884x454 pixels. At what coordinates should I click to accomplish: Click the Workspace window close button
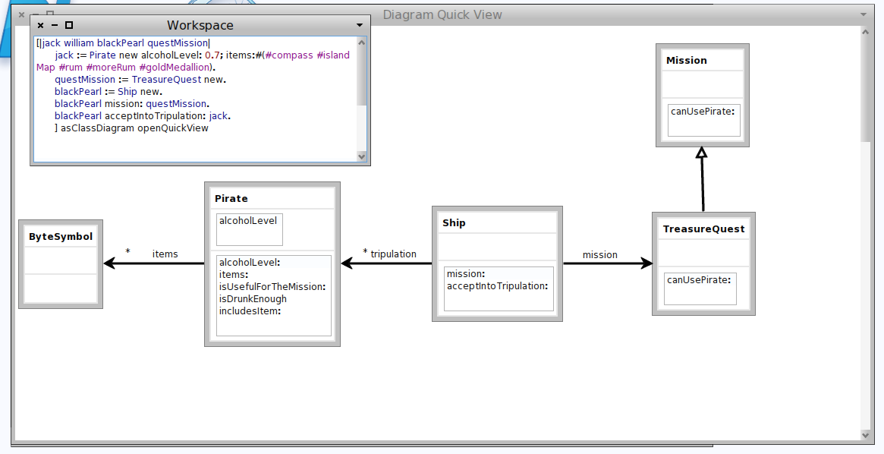click(x=40, y=25)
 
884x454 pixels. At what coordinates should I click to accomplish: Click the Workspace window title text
click(x=200, y=25)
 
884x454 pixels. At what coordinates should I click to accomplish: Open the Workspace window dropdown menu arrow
click(x=360, y=25)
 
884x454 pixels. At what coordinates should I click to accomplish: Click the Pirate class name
click(x=231, y=198)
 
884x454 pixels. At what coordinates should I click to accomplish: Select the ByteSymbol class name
click(x=61, y=236)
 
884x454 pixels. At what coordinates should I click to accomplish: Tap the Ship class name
click(x=454, y=222)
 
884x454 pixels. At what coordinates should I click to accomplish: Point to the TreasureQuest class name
click(x=703, y=229)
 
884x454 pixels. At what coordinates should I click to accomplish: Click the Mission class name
click(x=687, y=60)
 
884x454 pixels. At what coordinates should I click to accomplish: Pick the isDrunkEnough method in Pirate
click(x=253, y=299)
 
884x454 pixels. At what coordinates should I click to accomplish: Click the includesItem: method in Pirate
click(x=250, y=311)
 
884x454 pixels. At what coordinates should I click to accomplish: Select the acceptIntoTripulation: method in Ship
click(x=497, y=286)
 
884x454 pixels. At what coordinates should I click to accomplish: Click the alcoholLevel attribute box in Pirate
click(x=249, y=229)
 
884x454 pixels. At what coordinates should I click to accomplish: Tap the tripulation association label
click(x=394, y=254)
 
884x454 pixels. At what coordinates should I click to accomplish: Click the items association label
click(x=165, y=254)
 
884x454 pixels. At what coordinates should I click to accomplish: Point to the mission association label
click(x=600, y=255)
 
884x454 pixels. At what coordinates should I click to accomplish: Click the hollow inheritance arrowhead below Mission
click(x=701, y=153)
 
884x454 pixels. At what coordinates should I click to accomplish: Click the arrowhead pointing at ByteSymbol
click(x=110, y=263)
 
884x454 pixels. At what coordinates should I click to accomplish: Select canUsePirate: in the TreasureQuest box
click(x=699, y=279)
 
